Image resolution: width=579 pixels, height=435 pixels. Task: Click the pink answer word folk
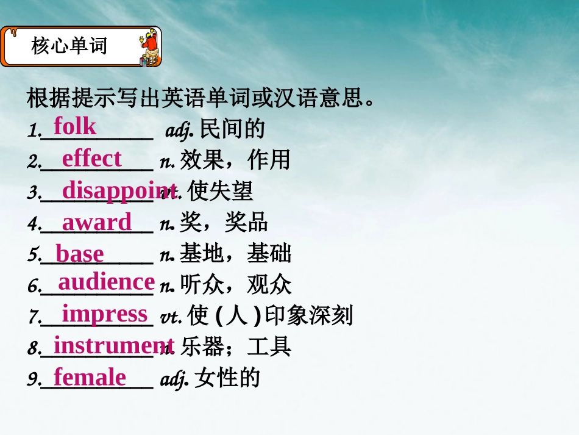tap(74, 126)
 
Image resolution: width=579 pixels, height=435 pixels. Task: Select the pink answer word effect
tap(91, 159)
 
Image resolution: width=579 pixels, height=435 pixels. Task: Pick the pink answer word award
tap(96, 222)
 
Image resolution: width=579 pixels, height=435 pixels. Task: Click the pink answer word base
tap(79, 254)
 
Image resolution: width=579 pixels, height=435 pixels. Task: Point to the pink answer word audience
tap(106, 282)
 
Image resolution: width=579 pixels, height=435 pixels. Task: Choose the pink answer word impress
tap(105, 314)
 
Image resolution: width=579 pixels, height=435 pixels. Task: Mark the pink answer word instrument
tap(114, 345)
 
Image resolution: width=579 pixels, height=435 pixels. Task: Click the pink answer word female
tap(90, 377)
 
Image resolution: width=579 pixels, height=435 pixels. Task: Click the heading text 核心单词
tap(69, 46)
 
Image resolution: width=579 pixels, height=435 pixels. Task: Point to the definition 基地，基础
tap(235, 254)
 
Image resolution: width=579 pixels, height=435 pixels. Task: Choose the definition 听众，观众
tap(235, 285)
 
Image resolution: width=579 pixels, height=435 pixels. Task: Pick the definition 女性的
tap(227, 379)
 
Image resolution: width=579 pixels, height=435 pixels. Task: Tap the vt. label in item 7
tap(170, 317)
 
